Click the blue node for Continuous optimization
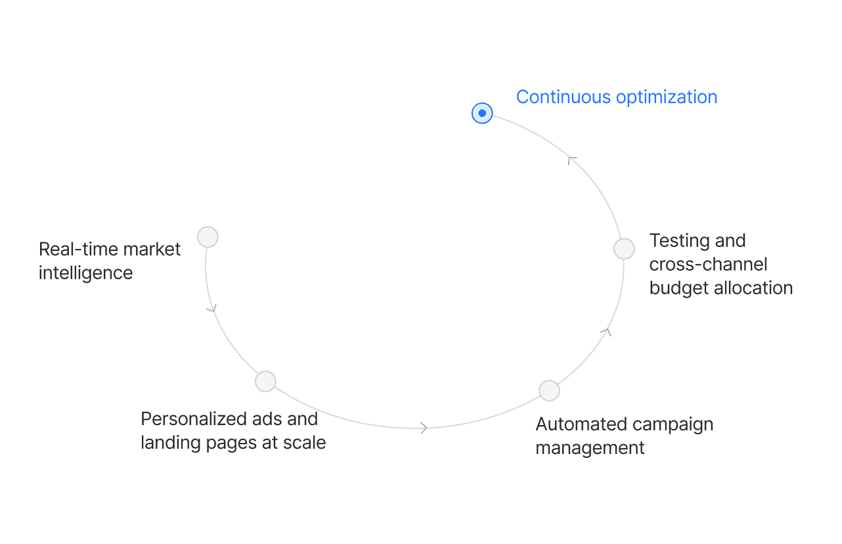pyautogui.click(x=482, y=114)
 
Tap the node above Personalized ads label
pyautogui.click(x=265, y=381)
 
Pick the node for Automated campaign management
pyautogui.click(x=549, y=390)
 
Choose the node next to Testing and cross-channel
pyautogui.click(x=624, y=248)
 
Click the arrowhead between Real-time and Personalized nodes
pyautogui.click(x=211, y=307)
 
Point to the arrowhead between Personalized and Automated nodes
pyautogui.click(x=424, y=428)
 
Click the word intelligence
pyautogui.click(x=85, y=273)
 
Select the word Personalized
pyautogui.click(x=194, y=419)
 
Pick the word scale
pyautogui.click(x=304, y=443)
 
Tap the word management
pyautogui.click(x=590, y=448)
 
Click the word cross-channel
pyautogui.click(x=708, y=265)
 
